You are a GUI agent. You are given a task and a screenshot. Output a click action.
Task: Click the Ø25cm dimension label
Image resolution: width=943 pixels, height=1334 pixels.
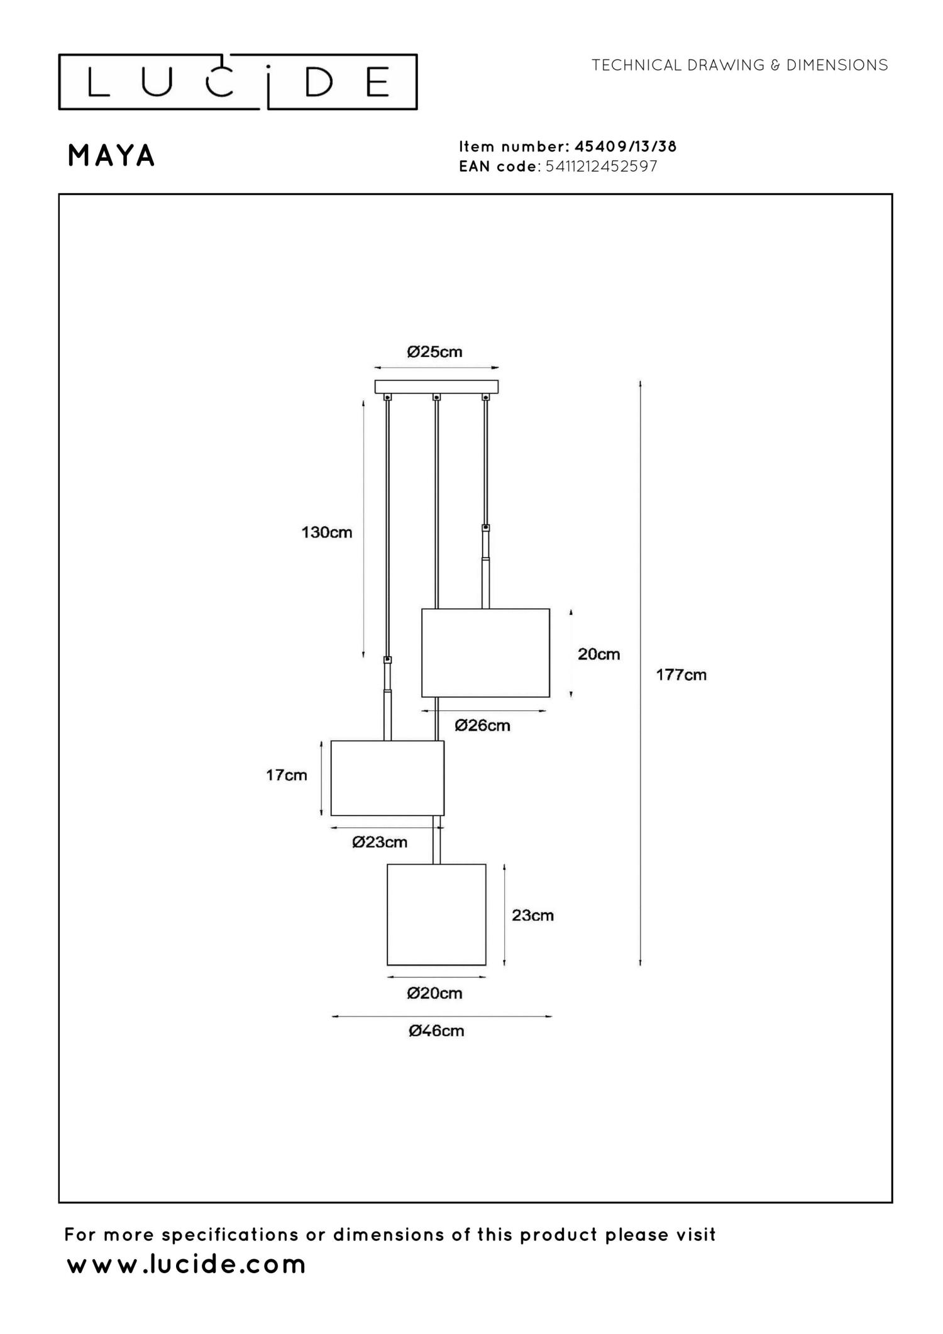pyautogui.click(x=434, y=352)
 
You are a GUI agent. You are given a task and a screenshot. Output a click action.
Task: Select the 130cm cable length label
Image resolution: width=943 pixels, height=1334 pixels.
pyautogui.click(x=326, y=532)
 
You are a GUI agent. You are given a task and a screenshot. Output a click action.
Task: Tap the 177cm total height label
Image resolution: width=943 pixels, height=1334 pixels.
pyautogui.click(x=681, y=675)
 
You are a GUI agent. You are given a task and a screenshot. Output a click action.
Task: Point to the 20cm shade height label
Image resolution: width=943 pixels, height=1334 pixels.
pyautogui.click(x=598, y=654)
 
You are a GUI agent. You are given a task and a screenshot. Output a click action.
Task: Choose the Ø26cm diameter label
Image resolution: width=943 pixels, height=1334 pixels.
pyautogui.click(x=482, y=725)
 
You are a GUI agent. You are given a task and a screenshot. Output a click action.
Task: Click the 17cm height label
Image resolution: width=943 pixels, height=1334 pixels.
pyautogui.click(x=287, y=775)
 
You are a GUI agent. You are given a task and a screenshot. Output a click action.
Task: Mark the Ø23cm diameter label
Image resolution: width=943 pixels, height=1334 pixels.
pyautogui.click(x=380, y=842)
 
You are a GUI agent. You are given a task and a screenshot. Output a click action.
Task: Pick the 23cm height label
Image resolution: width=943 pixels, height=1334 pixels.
pyautogui.click(x=532, y=915)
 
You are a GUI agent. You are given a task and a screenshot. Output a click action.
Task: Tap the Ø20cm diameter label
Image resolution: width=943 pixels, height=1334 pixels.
pyautogui.click(x=434, y=993)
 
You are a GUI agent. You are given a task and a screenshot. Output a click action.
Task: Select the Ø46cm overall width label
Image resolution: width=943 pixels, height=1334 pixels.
pyautogui.click(x=436, y=1031)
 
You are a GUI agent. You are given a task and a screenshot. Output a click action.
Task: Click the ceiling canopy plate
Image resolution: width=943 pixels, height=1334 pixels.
pyautogui.click(x=436, y=387)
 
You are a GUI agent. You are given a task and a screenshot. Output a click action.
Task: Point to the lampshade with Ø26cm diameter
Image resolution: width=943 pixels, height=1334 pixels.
pyautogui.click(x=485, y=653)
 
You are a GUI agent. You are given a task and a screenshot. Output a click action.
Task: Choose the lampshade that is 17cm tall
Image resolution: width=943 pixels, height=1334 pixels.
pyautogui.click(x=387, y=778)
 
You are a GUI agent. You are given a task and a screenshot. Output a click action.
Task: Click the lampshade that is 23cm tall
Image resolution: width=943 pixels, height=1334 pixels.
pyautogui.click(x=436, y=915)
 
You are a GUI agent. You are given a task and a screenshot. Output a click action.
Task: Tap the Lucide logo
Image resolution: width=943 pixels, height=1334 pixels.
pyautogui.click(x=238, y=82)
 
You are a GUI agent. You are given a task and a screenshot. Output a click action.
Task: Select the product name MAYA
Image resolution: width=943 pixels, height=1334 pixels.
pyautogui.click(x=111, y=156)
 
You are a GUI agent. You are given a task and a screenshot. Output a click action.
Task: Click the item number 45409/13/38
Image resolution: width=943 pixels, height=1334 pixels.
pyautogui.click(x=626, y=146)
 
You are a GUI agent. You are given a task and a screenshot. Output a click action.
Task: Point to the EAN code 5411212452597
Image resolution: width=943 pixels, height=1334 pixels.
pyautogui.click(x=602, y=167)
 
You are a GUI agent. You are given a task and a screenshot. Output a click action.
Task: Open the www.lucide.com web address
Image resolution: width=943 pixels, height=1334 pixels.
pyautogui.click(x=186, y=1265)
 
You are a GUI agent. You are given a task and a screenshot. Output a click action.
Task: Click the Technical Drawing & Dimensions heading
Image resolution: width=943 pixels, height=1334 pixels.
pyautogui.click(x=739, y=65)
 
